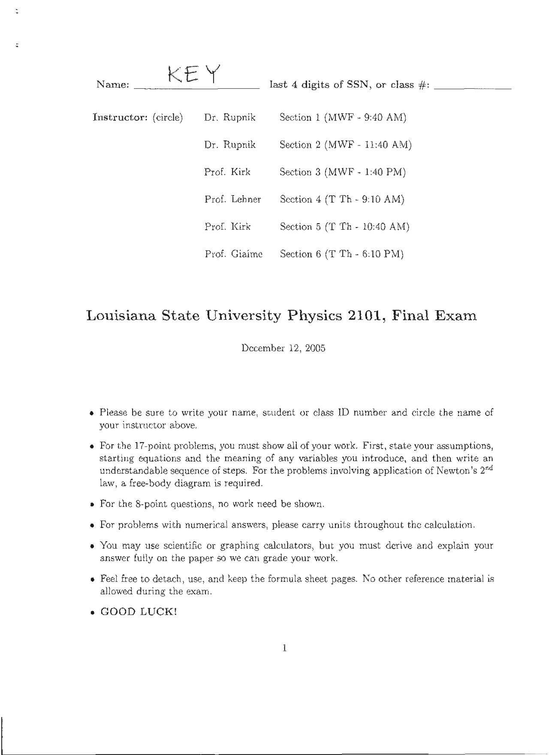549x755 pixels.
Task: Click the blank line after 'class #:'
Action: [472, 87]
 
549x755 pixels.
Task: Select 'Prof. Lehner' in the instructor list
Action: [232, 200]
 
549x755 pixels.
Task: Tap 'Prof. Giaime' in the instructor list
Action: [233, 255]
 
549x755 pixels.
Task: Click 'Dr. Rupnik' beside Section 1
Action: [230, 118]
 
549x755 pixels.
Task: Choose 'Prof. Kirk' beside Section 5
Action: [227, 227]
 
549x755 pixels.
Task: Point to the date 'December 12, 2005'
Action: [283, 348]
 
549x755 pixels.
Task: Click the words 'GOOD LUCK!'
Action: [139, 612]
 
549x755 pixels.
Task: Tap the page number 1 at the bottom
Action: [284, 648]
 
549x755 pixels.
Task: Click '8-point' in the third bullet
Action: [151, 504]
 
